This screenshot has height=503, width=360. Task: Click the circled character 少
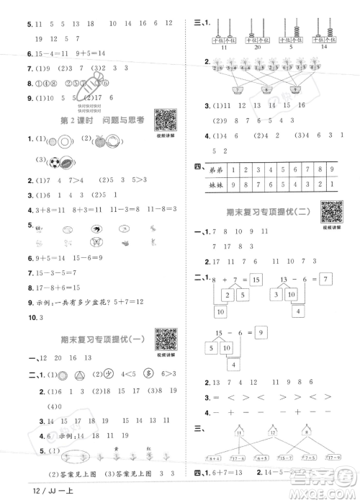pos(103,374)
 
